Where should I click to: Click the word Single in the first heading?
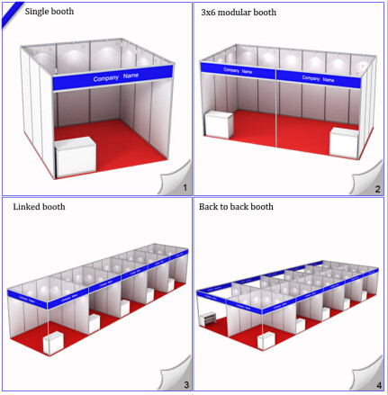click(38, 12)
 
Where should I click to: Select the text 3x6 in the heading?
click(209, 13)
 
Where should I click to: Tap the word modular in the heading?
click(236, 13)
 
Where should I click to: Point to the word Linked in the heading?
click(27, 207)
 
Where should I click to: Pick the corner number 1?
click(185, 187)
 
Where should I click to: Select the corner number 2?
click(377, 188)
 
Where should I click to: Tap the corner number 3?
click(185, 384)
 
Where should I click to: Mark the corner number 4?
click(377, 384)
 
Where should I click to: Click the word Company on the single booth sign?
click(105, 78)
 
